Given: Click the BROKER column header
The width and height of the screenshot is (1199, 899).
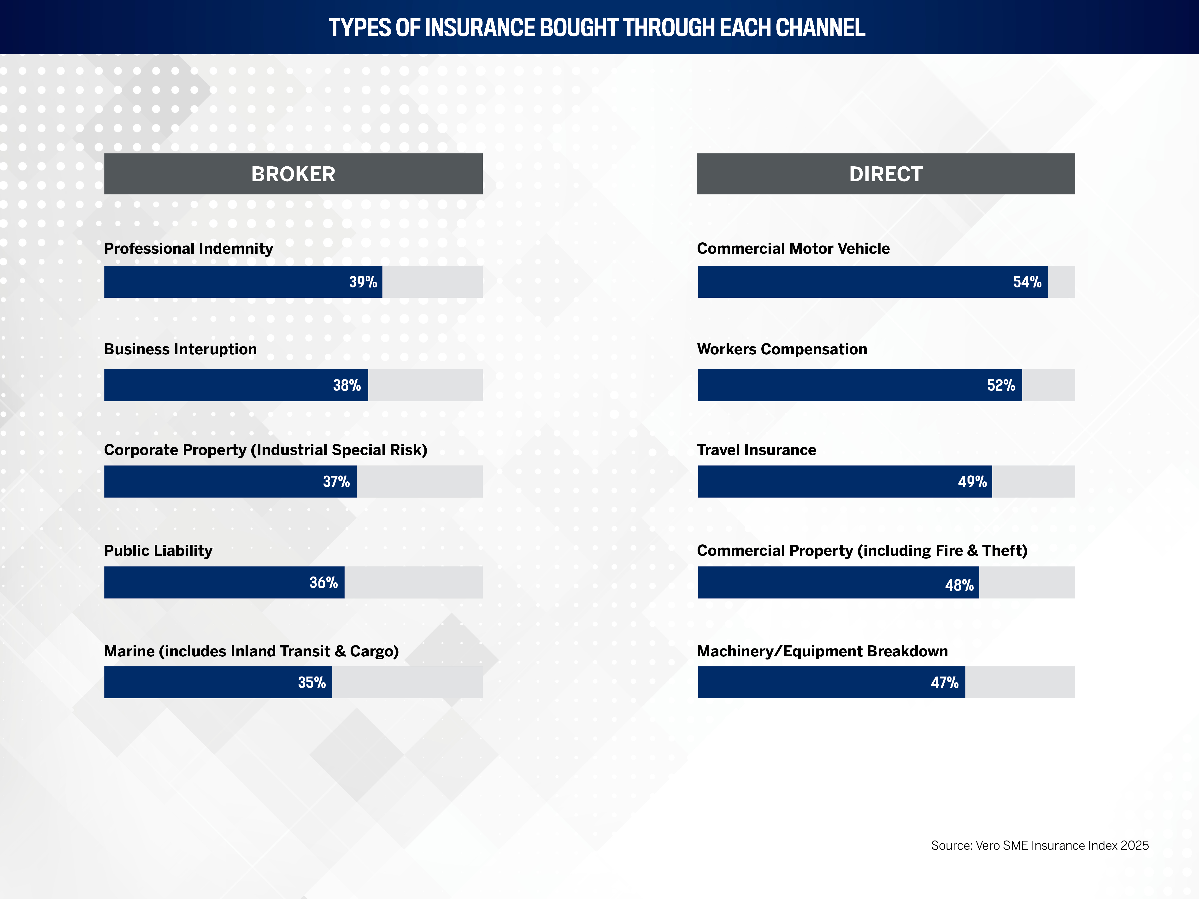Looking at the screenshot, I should click(293, 174).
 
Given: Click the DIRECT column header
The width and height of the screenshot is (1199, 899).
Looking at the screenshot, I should click(886, 174).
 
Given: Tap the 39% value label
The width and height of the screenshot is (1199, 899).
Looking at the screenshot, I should click(363, 282).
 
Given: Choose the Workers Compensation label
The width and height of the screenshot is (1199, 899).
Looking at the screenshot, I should click(782, 349).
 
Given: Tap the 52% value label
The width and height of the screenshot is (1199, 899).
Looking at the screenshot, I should click(1001, 385).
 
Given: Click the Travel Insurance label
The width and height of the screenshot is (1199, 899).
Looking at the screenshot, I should click(756, 450).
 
